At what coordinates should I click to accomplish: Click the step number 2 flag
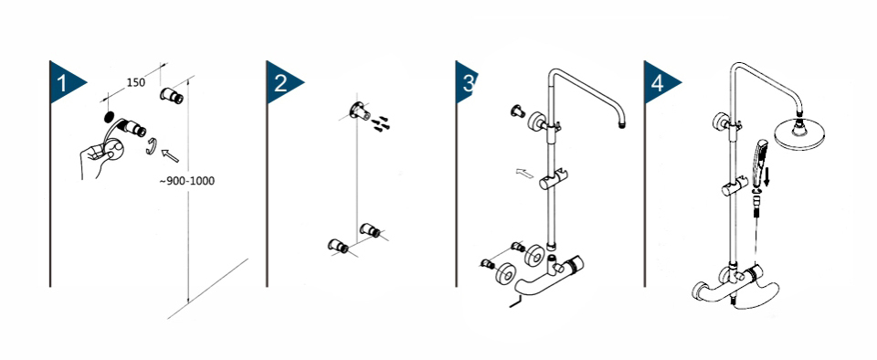[x=281, y=83]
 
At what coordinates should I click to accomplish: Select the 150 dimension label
[x=135, y=82]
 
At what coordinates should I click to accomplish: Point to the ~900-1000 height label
[x=187, y=181]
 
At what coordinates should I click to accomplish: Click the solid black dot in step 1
[x=109, y=117]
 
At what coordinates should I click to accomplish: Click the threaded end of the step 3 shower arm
[x=621, y=124]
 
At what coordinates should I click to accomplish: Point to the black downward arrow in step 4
[x=767, y=178]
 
